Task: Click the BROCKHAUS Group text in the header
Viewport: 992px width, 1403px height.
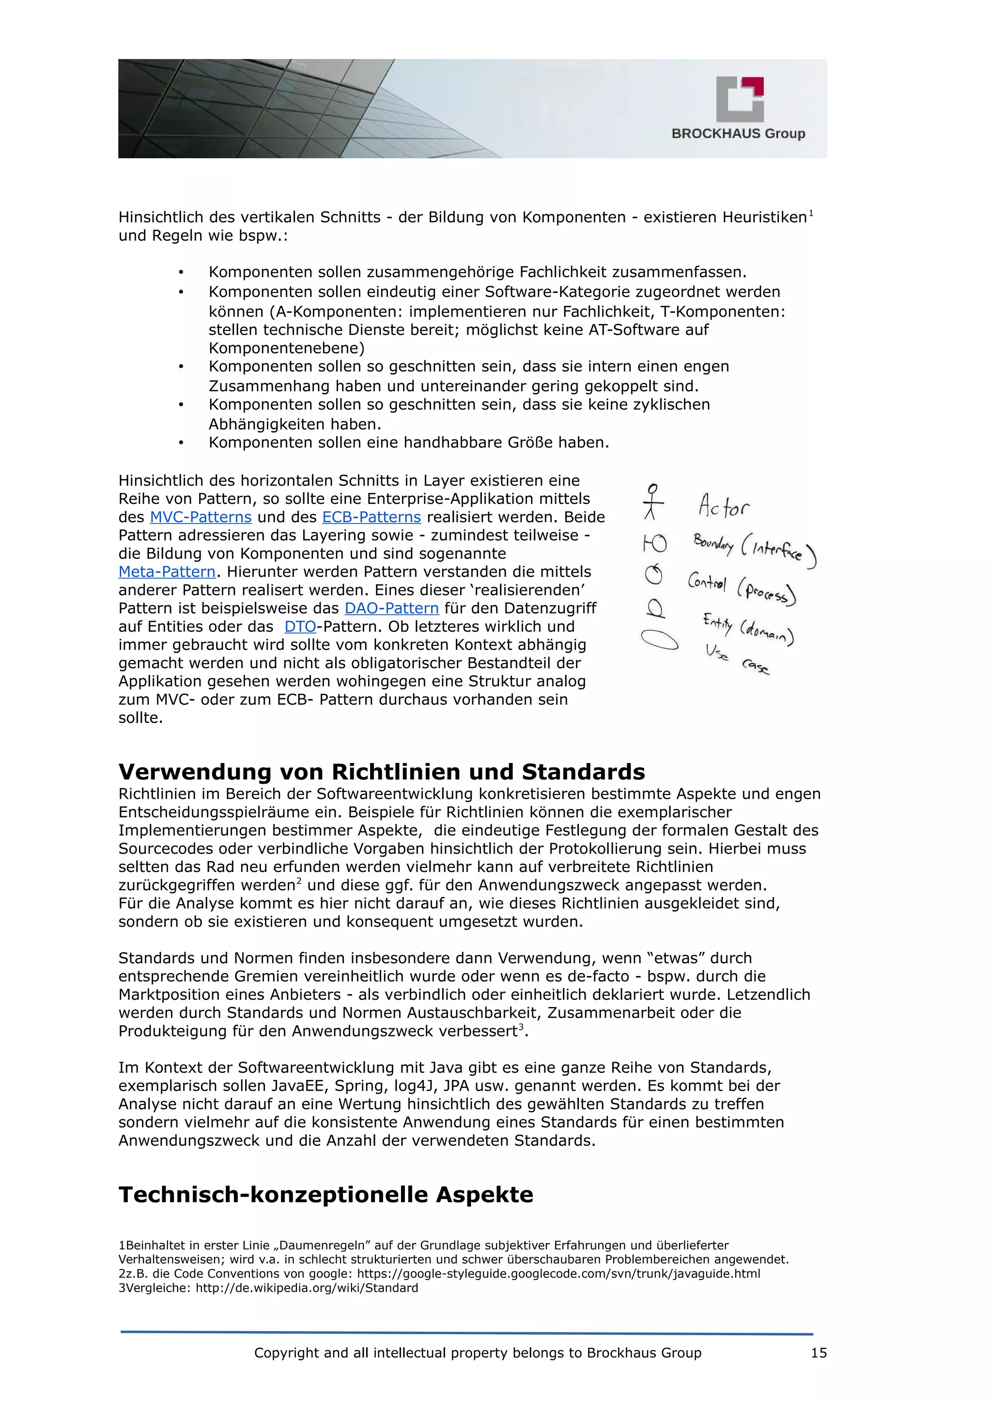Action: (x=738, y=133)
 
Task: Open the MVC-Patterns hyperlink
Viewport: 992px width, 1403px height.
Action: (x=201, y=517)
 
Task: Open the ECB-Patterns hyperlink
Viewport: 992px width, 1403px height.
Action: (x=371, y=517)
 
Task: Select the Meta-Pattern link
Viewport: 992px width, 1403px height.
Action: (x=167, y=571)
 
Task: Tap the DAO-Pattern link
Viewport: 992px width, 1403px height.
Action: (x=391, y=608)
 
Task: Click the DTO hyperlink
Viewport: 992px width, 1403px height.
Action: (x=300, y=626)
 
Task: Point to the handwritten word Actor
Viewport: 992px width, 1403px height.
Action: (x=724, y=506)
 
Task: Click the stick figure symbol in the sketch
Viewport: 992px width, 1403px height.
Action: (x=653, y=502)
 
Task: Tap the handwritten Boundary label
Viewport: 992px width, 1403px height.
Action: (x=713, y=543)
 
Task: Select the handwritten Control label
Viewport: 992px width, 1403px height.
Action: (x=707, y=581)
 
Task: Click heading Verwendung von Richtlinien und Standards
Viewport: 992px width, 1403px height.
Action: (x=381, y=772)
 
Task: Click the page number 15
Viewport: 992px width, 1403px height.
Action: (x=819, y=1352)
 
